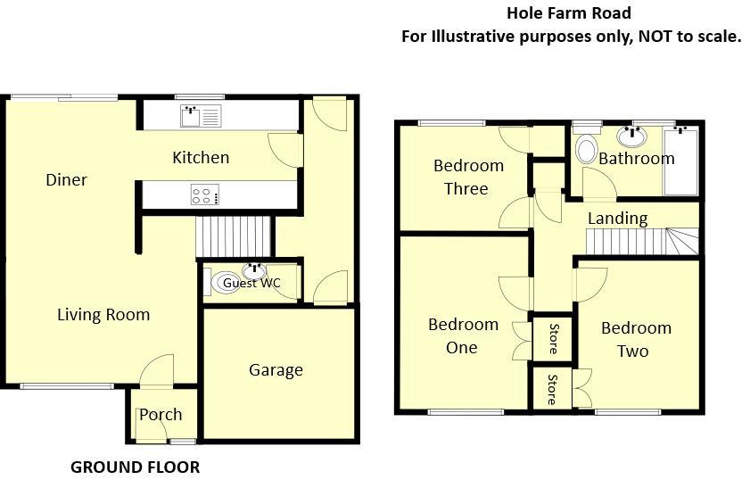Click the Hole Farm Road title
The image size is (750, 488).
(569, 12)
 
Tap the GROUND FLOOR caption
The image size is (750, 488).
(135, 467)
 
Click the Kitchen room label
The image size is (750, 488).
(201, 158)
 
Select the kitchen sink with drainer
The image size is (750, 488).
(202, 116)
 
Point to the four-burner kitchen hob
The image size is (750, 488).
(204, 194)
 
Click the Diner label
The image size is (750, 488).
(67, 180)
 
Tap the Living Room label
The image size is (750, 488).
(103, 315)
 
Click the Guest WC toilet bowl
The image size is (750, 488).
(226, 283)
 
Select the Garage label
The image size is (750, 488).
(276, 370)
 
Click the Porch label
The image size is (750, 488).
(161, 414)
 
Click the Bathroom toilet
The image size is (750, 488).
(586, 149)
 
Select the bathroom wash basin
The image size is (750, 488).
(632, 136)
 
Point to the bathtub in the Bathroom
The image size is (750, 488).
(682, 161)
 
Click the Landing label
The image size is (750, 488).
(617, 219)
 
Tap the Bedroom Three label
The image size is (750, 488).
(468, 177)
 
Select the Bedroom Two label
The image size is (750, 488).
(636, 339)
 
